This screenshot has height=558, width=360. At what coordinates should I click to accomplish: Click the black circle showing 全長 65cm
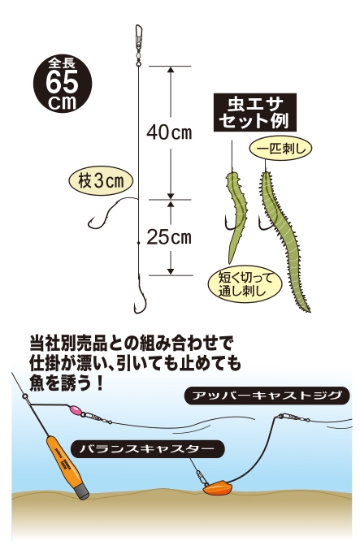pyautogui.click(x=63, y=84)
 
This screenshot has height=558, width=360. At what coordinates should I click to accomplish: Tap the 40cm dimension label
pyautogui.click(x=169, y=132)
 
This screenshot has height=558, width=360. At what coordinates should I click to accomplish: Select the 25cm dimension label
pyautogui.click(x=169, y=237)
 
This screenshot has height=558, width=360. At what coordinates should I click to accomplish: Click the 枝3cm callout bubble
pyautogui.click(x=101, y=182)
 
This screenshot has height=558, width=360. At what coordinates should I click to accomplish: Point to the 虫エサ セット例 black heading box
pyautogui.click(x=255, y=112)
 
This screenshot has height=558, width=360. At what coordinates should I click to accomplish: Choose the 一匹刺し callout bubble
pyautogui.click(x=281, y=149)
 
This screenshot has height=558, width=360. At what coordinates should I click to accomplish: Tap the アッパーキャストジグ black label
pyautogui.click(x=267, y=396)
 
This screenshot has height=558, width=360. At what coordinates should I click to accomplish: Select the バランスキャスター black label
pyautogui.click(x=148, y=448)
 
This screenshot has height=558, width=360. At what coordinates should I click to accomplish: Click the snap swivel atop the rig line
pyautogui.click(x=138, y=45)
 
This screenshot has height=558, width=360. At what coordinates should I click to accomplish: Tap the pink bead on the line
pyautogui.click(x=76, y=410)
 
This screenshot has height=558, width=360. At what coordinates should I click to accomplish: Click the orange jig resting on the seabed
pyautogui.click(x=218, y=487)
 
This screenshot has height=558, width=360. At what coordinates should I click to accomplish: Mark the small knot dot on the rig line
pyautogui.click(x=138, y=242)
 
